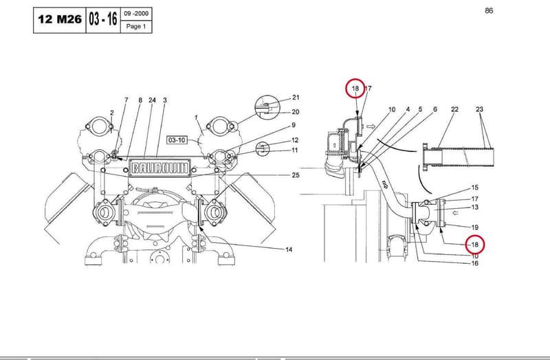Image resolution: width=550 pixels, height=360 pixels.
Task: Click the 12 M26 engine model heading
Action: click(60, 19)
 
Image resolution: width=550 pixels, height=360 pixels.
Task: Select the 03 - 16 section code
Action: click(102, 19)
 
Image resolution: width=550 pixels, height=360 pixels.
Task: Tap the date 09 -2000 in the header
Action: click(136, 13)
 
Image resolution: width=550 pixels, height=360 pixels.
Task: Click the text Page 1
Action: click(135, 26)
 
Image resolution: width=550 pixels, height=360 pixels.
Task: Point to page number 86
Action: click(489, 10)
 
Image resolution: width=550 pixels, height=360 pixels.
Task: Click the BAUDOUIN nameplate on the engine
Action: click(159, 168)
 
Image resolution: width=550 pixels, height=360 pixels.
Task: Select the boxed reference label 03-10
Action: click(177, 140)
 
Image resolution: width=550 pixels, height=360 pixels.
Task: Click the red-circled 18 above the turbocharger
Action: click(355, 89)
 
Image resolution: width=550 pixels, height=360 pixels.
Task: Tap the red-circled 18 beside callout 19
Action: click(474, 245)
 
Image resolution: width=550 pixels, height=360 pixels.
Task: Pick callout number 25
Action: click(296, 175)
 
